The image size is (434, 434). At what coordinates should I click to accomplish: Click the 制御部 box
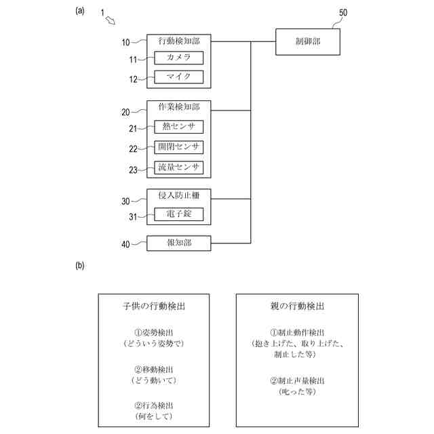[308, 42]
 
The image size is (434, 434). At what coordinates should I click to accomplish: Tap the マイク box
[178, 77]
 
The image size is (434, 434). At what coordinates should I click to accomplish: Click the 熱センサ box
[178, 127]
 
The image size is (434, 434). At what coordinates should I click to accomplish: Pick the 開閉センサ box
[178, 147]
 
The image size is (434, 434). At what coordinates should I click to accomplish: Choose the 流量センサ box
[178, 167]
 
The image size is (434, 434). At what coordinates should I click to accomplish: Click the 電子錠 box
[178, 215]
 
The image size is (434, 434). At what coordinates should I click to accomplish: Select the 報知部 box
[178, 243]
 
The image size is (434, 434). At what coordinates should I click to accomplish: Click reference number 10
[125, 43]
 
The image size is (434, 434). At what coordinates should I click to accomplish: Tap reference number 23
[134, 170]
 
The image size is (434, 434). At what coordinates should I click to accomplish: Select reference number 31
[134, 217]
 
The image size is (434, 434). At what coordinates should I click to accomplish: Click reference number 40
[125, 245]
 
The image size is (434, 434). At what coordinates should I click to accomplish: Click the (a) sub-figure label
[80, 10]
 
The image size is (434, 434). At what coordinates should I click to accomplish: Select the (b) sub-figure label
[80, 265]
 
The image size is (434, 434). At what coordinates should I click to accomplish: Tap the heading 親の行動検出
[297, 307]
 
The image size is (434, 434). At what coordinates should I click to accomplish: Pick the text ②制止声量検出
[297, 380]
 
